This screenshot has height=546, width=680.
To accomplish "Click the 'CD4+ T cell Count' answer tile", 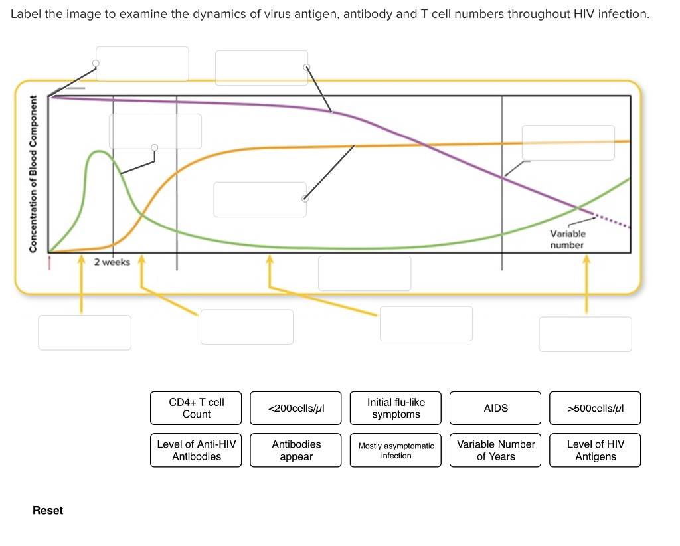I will [x=197, y=408].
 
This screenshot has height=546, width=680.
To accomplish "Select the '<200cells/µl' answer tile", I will [x=296, y=408].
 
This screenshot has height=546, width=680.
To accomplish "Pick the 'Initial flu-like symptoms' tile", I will [x=396, y=408].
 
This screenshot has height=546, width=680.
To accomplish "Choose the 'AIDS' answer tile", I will [x=495, y=408].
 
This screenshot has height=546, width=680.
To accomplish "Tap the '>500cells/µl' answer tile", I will [x=595, y=408].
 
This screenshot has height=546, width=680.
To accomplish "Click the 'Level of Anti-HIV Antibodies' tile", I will [x=197, y=450].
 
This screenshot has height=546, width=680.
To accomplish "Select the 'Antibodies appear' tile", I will [x=296, y=450].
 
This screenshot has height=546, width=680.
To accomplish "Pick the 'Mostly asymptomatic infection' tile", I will [x=396, y=450].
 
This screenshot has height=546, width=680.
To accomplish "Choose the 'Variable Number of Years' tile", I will [x=495, y=450].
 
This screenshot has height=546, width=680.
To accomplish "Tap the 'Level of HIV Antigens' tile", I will [x=595, y=450].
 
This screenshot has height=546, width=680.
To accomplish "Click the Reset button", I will [x=48, y=510].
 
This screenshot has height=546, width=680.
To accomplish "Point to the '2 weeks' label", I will [x=112, y=262].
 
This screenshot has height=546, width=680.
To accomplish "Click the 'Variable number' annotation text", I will [x=567, y=240].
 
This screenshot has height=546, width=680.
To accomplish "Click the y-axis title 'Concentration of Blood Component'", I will [x=32, y=174].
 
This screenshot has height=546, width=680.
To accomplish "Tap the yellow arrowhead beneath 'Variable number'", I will [x=586, y=261].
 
